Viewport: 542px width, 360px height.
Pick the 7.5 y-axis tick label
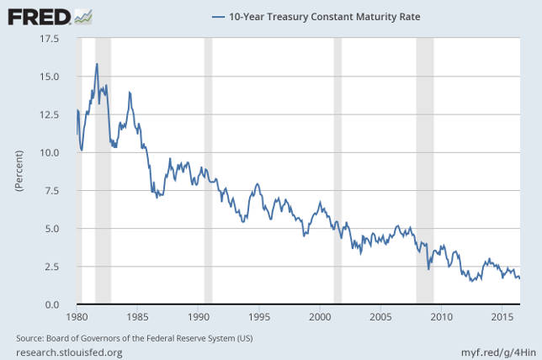click(50, 191)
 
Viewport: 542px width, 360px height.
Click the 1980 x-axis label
click(77, 318)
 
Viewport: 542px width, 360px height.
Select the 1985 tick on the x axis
click(138, 318)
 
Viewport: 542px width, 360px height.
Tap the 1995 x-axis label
click(259, 318)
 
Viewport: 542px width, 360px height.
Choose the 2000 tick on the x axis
click(320, 318)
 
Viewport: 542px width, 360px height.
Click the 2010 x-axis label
click(441, 318)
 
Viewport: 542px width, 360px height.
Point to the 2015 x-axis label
click(502, 318)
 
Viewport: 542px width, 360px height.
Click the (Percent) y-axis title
click(18, 172)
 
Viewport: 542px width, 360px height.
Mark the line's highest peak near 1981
click(98, 64)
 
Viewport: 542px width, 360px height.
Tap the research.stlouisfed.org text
click(69, 352)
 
